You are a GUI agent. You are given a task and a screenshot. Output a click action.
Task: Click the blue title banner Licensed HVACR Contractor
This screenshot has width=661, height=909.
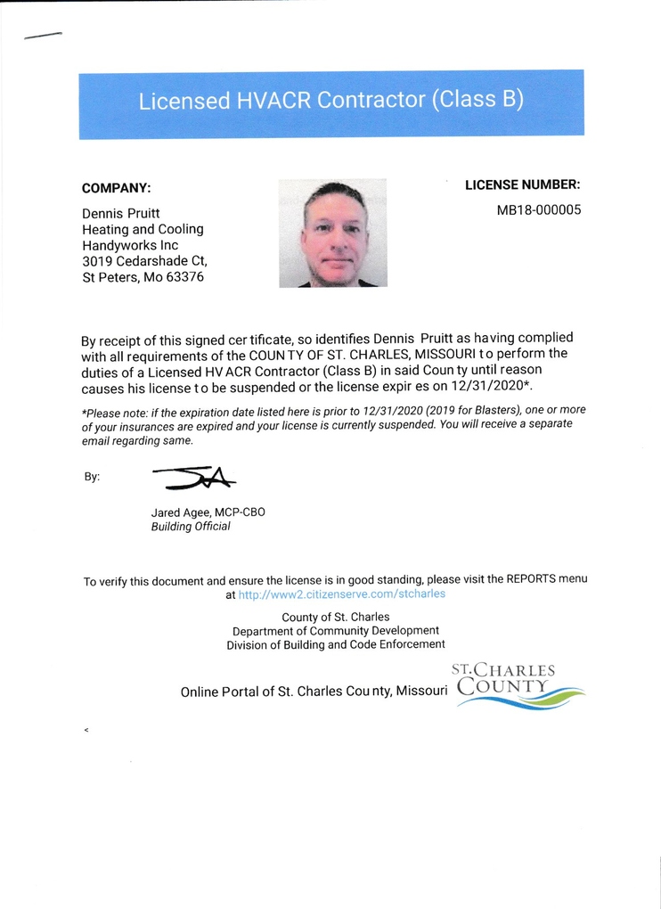(330, 102)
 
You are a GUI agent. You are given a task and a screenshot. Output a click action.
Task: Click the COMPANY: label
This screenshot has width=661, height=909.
(116, 188)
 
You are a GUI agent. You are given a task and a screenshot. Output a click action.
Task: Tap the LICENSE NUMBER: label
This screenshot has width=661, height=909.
(522, 185)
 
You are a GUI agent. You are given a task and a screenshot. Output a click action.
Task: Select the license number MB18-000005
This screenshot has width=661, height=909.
(538, 211)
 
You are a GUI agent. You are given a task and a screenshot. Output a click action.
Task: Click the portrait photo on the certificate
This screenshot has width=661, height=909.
(332, 233)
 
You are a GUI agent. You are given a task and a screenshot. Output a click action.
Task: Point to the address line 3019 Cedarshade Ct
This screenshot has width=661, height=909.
(144, 261)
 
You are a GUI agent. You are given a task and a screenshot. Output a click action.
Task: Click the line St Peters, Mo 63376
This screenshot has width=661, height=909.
(143, 277)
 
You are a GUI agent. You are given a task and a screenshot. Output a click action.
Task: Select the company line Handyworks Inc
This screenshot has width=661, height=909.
(130, 245)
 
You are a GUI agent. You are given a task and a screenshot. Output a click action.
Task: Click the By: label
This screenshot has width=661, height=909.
(92, 477)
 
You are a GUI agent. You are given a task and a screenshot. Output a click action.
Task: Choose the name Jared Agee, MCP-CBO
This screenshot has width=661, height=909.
(208, 512)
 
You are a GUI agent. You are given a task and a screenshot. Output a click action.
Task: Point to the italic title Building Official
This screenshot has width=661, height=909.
(191, 527)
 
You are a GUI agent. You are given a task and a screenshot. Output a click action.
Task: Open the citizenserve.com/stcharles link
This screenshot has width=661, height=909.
(342, 594)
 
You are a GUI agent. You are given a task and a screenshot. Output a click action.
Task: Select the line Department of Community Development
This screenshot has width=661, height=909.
(335, 631)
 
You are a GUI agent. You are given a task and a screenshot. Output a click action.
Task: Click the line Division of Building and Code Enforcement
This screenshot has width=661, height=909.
(335, 644)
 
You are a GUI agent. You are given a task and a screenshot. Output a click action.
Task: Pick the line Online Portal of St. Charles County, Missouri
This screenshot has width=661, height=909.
(314, 692)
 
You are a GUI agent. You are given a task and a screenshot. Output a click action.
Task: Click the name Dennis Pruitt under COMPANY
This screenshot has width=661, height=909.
(121, 214)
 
